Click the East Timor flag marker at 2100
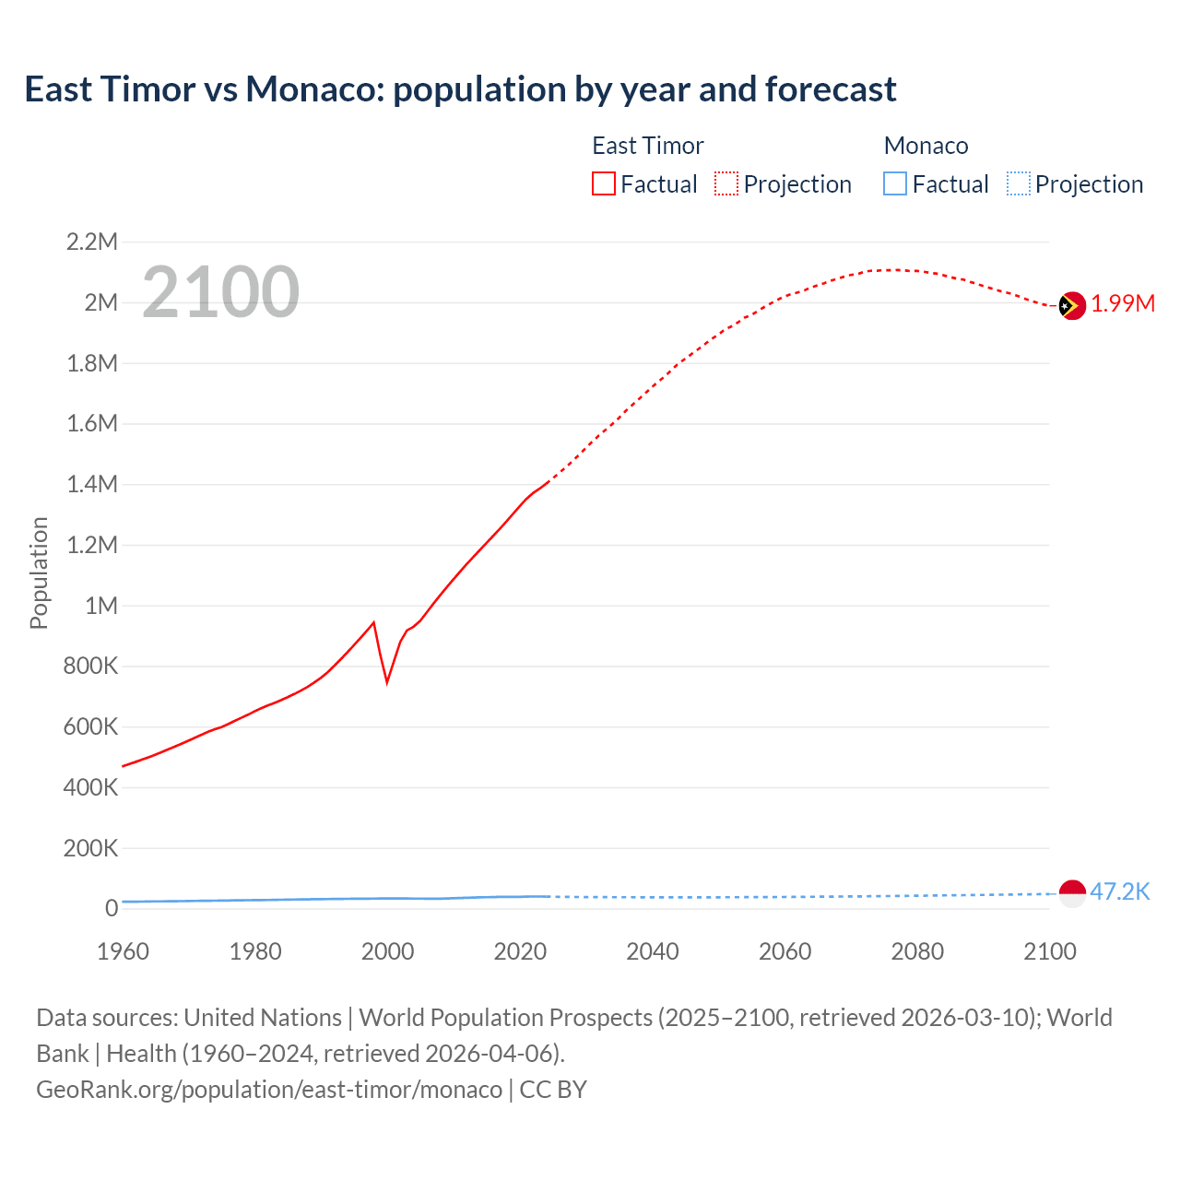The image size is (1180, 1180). click(1071, 305)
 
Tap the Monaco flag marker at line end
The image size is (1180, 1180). click(1072, 893)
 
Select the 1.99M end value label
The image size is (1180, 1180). click(1123, 304)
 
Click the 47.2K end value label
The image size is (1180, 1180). click(1120, 891)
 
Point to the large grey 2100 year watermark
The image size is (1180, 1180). click(220, 292)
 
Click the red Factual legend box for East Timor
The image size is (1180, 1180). click(603, 184)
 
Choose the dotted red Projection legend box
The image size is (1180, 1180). click(726, 184)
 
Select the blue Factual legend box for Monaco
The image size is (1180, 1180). click(895, 184)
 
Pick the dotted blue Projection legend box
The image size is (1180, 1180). click(1019, 184)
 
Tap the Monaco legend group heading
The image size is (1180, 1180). click(926, 146)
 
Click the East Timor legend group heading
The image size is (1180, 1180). click(647, 146)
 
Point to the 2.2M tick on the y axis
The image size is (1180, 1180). click(92, 242)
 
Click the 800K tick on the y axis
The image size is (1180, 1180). click(90, 667)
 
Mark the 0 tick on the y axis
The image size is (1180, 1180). click(112, 909)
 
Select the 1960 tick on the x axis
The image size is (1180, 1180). click(123, 951)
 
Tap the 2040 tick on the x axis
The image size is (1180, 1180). click(653, 951)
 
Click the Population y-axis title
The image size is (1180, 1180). click(39, 572)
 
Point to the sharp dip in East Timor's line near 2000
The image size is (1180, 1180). click(387, 680)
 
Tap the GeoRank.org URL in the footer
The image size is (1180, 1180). click(269, 1090)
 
